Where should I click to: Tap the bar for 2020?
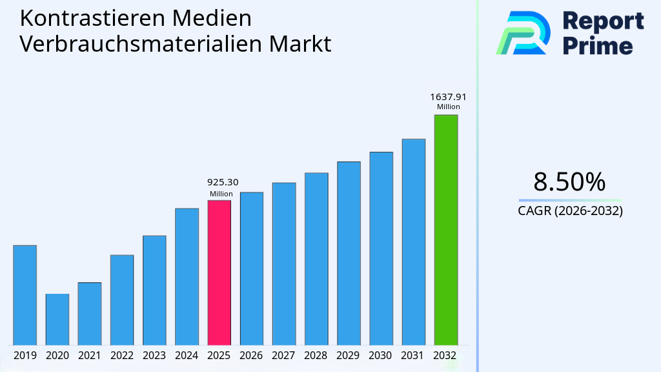(x=57, y=319)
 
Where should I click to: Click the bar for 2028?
(x=316, y=259)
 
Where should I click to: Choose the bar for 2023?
(x=154, y=290)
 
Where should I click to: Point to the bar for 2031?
(x=413, y=242)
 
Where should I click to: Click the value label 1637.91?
(x=448, y=98)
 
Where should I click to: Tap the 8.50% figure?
(x=569, y=182)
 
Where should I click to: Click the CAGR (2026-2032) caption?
(x=570, y=211)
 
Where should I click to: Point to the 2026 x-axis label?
(x=251, y=355)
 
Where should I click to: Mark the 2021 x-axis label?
(x=90, y=355)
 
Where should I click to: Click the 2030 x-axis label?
(x=381, y=355)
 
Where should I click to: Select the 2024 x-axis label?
(x=187, y=355)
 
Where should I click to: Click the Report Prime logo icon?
(x=523, y=32)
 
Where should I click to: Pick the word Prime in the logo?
(x=598, y=45)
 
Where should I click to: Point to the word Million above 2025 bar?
(x=221, y=194)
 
